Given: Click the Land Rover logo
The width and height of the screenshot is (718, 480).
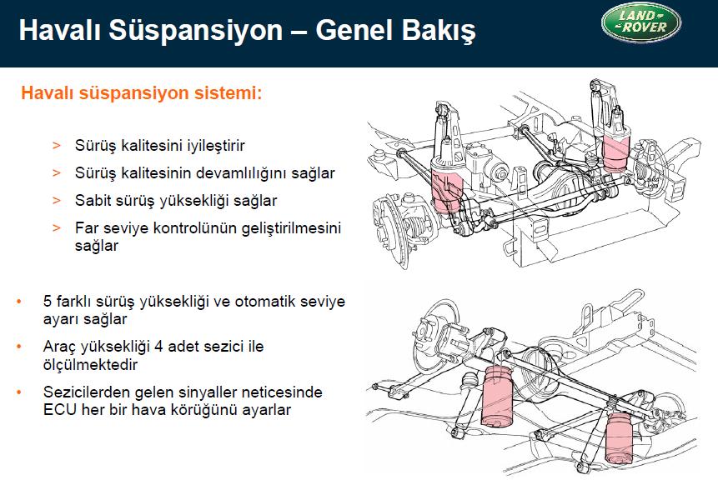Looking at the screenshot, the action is click(641, 22).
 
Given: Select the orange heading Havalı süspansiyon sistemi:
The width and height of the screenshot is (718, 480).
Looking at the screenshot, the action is click(142, 92).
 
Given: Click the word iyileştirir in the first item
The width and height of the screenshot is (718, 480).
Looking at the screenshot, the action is click(216, 146).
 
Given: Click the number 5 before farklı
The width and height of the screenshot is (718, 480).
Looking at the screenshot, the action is click(48, 302).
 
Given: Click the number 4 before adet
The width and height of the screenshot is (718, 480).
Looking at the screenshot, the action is click(158, 347).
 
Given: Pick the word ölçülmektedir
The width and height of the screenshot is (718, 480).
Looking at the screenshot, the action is click(90, 365).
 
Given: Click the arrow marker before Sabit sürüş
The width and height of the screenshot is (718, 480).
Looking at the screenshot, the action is click(57, 201).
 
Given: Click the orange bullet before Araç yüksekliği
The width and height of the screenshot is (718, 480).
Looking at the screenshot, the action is click(19, 347).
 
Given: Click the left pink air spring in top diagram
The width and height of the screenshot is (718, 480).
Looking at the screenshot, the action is click(446, 191).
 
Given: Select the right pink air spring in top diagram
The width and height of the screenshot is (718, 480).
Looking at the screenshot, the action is click(616, 150).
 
